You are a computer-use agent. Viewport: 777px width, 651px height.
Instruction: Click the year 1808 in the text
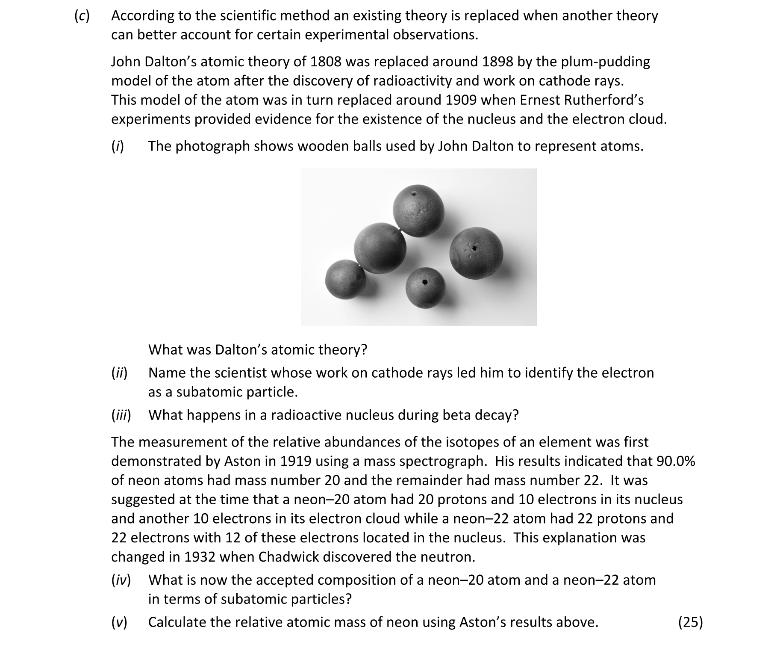[326, 62]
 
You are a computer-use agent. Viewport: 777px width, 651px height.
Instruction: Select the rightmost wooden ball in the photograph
[477, 254]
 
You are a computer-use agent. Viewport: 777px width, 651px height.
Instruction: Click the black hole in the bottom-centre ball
[425, 283]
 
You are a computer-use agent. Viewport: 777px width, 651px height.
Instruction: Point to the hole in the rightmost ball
[473, 248]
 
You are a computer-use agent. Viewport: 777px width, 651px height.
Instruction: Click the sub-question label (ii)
[119, 373]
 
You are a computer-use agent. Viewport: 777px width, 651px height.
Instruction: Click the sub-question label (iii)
[121, 415]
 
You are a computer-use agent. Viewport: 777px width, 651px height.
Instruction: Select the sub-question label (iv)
[121, 580]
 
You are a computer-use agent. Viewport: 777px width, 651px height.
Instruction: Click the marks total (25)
[690, 622]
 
